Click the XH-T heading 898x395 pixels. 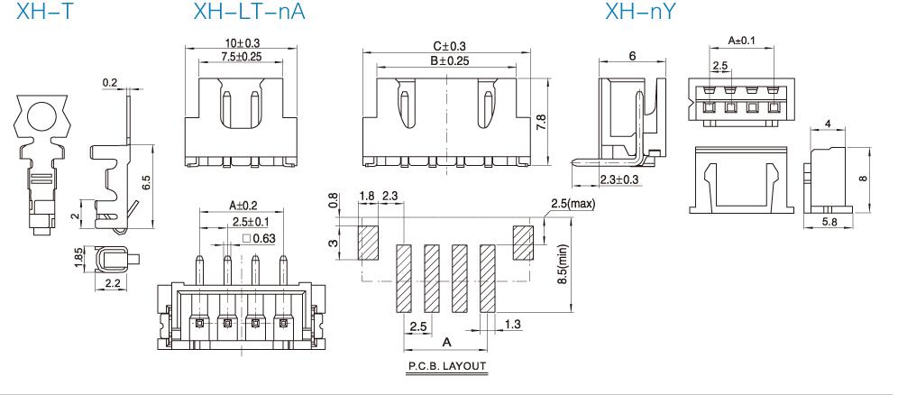45,11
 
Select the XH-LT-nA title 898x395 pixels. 249,11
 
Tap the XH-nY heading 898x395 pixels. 640,11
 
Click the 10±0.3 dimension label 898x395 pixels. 242,43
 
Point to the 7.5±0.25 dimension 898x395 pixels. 242,56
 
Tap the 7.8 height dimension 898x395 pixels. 541,122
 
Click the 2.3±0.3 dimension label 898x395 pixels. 619,179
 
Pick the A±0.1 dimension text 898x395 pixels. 742,40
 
